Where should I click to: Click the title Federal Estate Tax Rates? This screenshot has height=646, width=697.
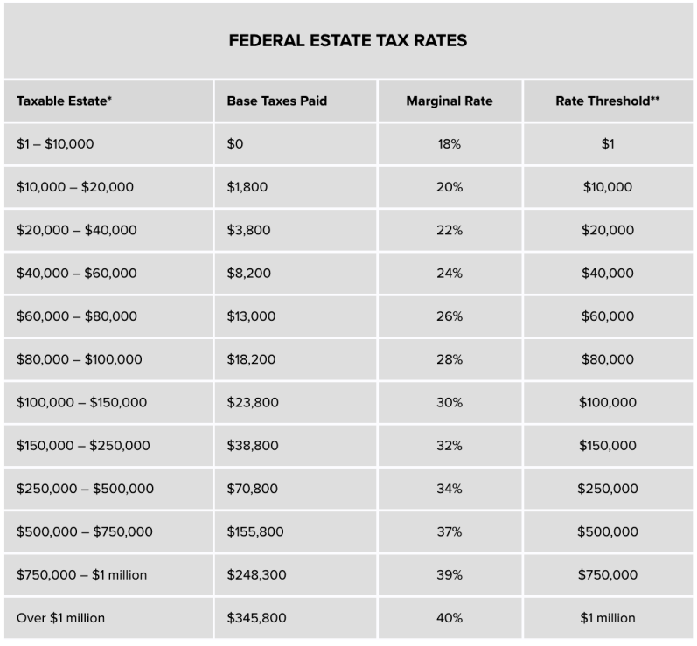click(347, 40)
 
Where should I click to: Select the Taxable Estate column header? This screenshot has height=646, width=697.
click(64, 101)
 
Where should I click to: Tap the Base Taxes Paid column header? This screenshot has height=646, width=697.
click(277, 101)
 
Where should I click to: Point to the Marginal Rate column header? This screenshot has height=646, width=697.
click(450, 101)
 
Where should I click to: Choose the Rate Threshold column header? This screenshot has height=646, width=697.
click(608, 101)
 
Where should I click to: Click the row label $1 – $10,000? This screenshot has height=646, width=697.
click(55, 144)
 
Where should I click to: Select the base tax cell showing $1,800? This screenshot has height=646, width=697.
click(247, 187)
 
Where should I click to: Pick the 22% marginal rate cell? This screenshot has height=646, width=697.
click(450, 230)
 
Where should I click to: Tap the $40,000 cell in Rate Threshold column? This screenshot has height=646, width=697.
click(608, 274)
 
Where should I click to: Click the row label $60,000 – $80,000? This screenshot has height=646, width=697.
click(77, 316)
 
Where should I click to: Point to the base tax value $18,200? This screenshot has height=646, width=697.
click(251, 359)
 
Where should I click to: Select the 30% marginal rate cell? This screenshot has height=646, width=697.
click(450, 402)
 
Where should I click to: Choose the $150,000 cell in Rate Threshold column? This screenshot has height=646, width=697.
click(608, 446)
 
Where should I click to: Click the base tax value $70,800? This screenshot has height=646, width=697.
click(253, 489)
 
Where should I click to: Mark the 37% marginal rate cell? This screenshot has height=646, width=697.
click(450, 531)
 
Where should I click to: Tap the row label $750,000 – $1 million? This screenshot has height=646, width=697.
click(82, 575)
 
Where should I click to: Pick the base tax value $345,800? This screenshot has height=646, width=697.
click(256, 618)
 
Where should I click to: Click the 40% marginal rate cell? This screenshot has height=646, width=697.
click(450, 618)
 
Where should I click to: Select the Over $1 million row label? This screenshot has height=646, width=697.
click(60, 618)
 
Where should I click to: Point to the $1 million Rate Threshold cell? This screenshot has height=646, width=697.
click(608, 618)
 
